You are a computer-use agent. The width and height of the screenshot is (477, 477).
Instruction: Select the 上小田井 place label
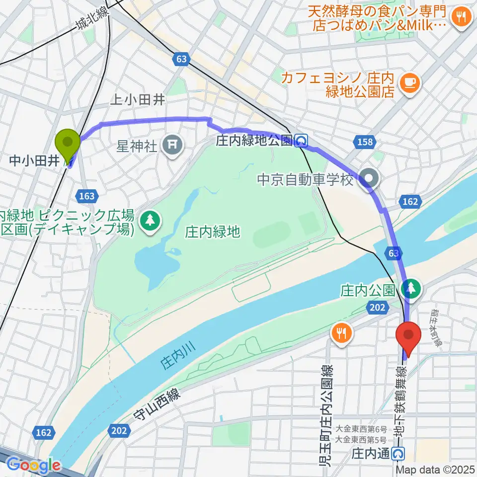tap(138, 100)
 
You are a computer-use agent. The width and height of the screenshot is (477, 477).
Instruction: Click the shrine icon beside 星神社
tap(172, 145)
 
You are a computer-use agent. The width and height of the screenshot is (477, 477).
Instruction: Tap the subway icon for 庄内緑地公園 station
tap(301, 142)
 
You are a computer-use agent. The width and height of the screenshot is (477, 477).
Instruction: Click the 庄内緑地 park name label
tap(212, 231)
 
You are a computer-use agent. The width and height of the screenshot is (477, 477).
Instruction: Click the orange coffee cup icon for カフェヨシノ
tap(410, 81)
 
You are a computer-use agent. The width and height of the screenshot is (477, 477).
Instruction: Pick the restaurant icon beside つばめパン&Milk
tap(461, 18)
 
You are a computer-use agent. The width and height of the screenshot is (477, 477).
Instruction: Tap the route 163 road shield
tap(87, 196)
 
